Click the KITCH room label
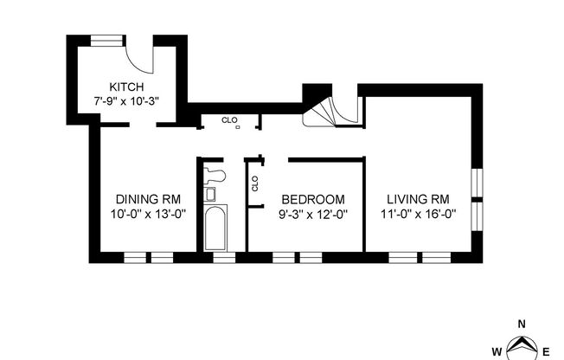click(x=126, y=87)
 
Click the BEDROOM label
click(x=311, y=198)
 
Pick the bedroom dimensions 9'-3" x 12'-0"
click(x=311, y=213)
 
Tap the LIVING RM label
click(x=418, y=198)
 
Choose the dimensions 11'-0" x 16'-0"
click(x=418, y=213)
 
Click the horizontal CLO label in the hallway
click(x=229, y=120)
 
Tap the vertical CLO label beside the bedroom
click(x=255, y=183)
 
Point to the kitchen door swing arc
click(x=138, y=59)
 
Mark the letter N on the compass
click(x=522, y=324)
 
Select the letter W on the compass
click(x=497, y=350)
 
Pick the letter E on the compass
click(x=546, y=350)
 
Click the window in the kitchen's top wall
click(x=106, y=38)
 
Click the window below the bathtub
click(x=223, y=258)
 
